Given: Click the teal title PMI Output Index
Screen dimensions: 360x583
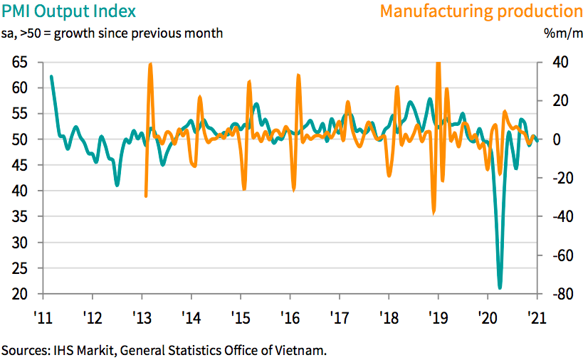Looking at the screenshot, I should pyautogui.click(x=68, y=11).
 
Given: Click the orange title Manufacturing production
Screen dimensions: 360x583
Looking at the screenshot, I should pyautogui.click(x=481, y=11).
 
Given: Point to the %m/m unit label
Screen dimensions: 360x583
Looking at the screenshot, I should pyautogui.click(x=562, y=33).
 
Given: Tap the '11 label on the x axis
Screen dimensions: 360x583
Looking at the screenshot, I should pyautogui.click(x=43, y=317).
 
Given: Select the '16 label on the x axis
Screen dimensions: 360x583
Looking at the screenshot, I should pyautogui.click(x=290, y=317).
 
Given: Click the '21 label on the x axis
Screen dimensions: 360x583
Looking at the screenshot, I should pyautogui.click(x=536, y=317).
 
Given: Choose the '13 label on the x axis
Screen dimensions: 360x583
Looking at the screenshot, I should pyautogui.click(x=142, y=317).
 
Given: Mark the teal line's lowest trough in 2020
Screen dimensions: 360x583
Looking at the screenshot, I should pyautogui.click(x=500, y=287).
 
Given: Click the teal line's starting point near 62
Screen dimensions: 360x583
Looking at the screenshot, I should pyautogui.click(x=51, y=76).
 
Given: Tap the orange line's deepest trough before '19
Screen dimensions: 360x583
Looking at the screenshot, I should pyautogui.click(x=434, y=212).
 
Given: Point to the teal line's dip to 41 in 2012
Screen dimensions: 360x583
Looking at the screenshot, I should pyautogui.click(x=117, y=185).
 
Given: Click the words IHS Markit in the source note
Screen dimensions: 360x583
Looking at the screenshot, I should pyautogui.click(x=80, y=350).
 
